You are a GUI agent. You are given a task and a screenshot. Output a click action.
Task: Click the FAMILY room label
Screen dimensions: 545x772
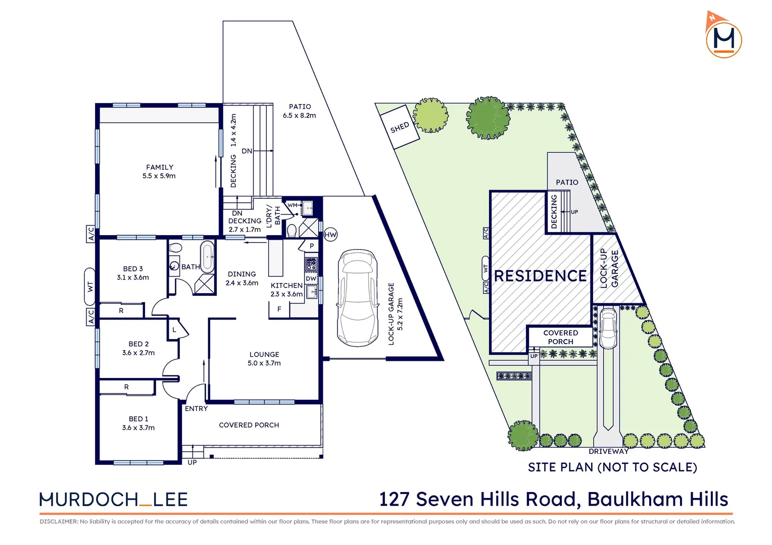(x=159, y=167)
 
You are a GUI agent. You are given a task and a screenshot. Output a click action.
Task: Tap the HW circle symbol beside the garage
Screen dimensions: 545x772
(x=330, y=235)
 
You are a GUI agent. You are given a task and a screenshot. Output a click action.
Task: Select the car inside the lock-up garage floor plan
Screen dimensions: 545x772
(x=358, y=298)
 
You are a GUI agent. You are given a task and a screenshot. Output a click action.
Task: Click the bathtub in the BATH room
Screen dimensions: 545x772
(x=207, y=256)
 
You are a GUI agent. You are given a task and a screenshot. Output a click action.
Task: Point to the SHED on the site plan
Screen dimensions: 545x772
(x=400, y=127)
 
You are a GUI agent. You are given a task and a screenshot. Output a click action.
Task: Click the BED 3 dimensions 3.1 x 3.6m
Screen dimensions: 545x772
(x=133, y=278)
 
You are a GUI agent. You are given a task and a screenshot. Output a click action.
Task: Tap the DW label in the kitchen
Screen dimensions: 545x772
(x=311, y=279)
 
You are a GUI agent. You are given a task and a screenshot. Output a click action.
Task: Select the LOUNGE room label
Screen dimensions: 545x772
(x=264, y=354)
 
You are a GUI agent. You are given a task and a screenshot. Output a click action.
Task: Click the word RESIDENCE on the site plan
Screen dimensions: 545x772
(x=540, y=276)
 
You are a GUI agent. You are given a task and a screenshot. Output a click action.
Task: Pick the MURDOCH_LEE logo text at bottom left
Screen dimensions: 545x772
(x=114, y=500)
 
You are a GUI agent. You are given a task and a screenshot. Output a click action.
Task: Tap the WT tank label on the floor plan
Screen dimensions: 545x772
(x=90, y=287)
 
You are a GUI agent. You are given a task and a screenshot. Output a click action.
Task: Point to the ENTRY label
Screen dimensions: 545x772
(x=196, y=409)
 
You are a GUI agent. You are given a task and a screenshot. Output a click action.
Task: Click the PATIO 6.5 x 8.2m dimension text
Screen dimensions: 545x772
(x=299, y=116)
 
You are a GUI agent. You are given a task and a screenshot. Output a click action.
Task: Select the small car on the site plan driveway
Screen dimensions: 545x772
(x=608, y=329)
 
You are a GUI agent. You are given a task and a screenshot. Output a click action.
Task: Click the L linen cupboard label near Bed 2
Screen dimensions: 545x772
(x=174, y=330)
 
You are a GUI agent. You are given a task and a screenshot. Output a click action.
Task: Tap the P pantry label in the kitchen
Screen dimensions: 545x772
(x=312, y=246)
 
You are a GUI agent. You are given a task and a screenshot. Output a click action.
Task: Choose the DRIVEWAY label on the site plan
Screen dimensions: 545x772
(x=608, y=451)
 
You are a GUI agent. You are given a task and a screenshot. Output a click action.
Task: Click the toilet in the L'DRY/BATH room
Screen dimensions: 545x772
(x=292, y=231)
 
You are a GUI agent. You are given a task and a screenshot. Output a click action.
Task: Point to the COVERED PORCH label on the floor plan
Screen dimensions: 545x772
(x=249, y=425)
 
